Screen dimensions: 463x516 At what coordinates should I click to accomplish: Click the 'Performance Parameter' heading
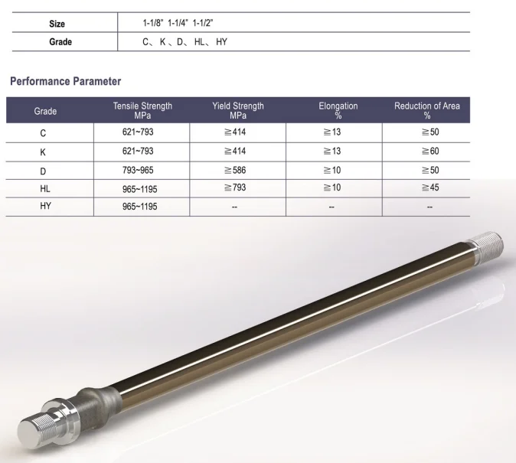pyautogui.click(x=65, y=81)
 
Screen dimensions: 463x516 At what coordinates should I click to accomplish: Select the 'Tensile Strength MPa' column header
pyautogui.click(x=142, y=111)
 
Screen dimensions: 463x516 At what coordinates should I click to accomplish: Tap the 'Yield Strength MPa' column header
pyautogui.click(x=238, y=111)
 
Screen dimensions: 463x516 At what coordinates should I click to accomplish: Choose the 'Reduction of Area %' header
pyautogui.click(x=426, y=111)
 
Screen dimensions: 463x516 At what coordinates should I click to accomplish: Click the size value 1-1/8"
pyautogui.click(x=152, y=24)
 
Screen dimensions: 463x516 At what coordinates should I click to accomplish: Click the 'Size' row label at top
pyautogui.click(x=57, y=24)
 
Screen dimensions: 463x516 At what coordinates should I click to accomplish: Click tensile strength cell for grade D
pyautogui.click(x=142, y=169)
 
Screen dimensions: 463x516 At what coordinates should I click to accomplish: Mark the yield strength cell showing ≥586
pyautogui.click(x=237, y=169)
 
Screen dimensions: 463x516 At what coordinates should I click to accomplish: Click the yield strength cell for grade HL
pyautogui.click(x=237, y=187)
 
